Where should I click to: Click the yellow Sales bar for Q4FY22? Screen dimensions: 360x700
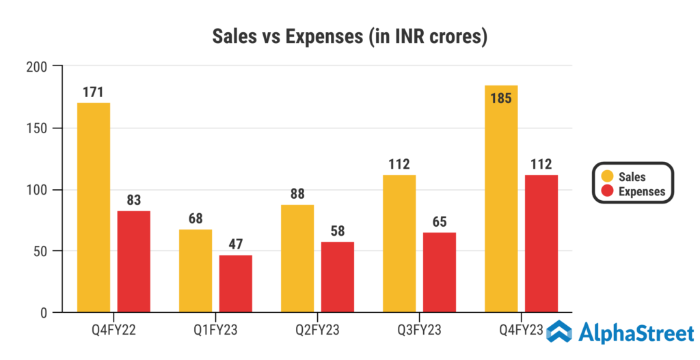[x=94, y=208]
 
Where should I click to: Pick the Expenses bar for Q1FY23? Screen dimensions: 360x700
[x=236, y=283]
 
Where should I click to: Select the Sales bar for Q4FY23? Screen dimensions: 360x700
[x=501, y=205]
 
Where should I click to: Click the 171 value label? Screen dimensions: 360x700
[x=93, y=92]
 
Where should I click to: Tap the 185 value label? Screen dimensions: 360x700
[x=500, y=98]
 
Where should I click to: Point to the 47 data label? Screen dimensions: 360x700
[x=236, y=245]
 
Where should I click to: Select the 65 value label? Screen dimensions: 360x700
[x=440, y=222]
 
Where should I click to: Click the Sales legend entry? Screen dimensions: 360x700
[x=623, y=177]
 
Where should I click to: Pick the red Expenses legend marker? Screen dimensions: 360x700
[x=606, y=191]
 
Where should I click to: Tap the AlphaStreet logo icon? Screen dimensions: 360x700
[x=558, y=333]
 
